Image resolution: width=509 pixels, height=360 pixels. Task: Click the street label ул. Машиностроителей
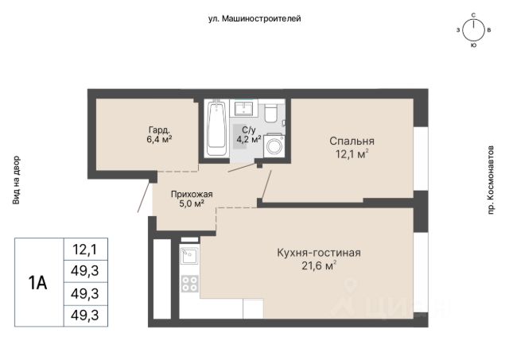click(254, 19)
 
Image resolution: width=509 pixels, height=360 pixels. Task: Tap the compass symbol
click(474, 30)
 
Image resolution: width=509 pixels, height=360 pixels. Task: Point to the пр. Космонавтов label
click(491, 180)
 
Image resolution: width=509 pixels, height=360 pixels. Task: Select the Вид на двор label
click(16, 180)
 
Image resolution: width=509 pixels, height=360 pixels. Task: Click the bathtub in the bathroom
click(216, 129)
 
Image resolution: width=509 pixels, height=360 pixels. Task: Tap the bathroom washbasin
click(244, 108)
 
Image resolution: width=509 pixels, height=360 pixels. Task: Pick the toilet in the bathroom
click(270, 113)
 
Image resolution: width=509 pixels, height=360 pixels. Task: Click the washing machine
click(274, 145)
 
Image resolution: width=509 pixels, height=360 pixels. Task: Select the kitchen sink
click(189, 256)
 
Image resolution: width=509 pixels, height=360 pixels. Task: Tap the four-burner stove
click(190, 284)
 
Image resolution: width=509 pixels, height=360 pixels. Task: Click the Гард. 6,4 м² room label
click(159, 134)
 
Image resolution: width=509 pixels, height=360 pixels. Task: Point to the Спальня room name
click(352, 141)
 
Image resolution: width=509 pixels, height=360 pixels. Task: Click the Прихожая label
click(192, 194)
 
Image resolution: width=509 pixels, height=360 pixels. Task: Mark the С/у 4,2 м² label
click(249, 134)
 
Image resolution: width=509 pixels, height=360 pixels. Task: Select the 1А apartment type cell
click(38, 282)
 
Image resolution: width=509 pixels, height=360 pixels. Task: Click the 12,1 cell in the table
click(86, 250)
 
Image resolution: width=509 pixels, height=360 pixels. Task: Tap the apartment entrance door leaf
click(145, 197)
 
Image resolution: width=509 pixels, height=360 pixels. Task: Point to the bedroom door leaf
click(266, 184)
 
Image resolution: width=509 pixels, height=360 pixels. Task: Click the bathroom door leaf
click(242, 168)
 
